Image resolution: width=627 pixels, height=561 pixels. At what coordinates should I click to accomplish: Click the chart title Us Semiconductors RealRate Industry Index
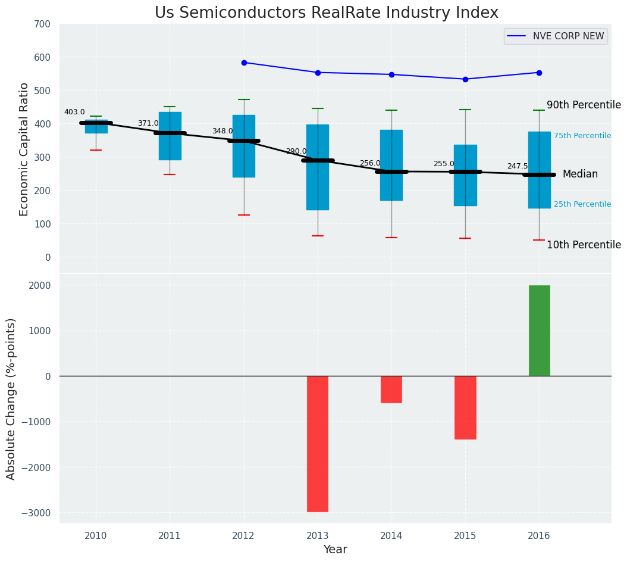coord(327,13)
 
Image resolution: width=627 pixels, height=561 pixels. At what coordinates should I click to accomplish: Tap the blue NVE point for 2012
coord(244,63)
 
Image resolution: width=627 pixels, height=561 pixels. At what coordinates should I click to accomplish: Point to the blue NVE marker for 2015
coord(465,79)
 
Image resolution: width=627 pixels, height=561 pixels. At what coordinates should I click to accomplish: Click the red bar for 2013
coord(318,444)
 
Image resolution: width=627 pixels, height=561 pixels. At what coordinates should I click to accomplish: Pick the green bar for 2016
coord(539,331)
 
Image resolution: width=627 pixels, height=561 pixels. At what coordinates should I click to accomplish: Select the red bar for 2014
coord(391,389)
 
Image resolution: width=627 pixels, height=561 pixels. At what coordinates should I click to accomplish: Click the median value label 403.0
coord(74,112)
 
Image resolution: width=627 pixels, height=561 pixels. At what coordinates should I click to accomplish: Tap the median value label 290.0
coord(296,151)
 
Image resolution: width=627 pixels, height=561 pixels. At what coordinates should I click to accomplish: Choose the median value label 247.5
coord(518,166)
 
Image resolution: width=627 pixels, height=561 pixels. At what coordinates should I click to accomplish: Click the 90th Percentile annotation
coord(584,105)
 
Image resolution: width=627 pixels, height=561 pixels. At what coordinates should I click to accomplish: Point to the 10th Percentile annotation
coord(584,245)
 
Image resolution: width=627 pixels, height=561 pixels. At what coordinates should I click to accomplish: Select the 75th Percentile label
coord(582,136)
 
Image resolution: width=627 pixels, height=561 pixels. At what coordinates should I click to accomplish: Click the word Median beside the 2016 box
coord(580,174)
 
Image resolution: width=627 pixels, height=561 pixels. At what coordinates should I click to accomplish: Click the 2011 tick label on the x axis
coord(170,536)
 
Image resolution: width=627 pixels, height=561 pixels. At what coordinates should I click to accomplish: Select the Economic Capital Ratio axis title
coord(24,149)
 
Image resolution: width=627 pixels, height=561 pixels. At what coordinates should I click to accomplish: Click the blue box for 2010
coord(96,127)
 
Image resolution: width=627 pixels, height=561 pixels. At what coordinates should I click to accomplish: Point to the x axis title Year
coord(336,550)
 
